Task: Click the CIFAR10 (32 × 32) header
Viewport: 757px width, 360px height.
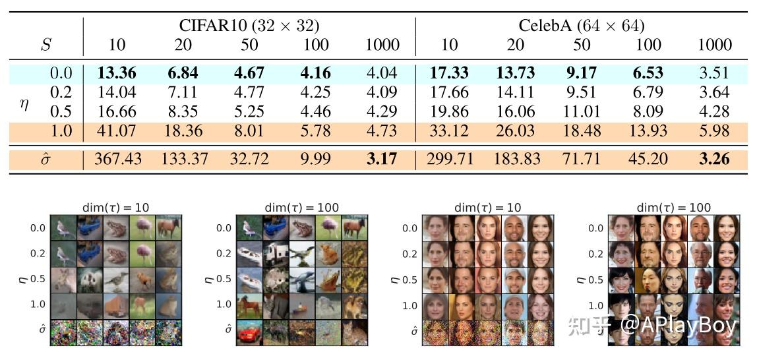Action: pyautogui.click(x=249, y=26)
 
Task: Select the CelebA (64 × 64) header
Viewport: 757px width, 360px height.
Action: pyautogui.click(x=581, y=26)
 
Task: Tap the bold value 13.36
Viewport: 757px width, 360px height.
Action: pyautogui.click(x=116, y=73)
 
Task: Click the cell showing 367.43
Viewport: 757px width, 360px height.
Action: pyautogui.click(x=116, y=159)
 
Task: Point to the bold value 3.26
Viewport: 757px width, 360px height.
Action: pyautogui.click(x=714, y=159)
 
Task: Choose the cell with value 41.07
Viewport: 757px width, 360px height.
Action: pyautogui.click(x=116, y=131)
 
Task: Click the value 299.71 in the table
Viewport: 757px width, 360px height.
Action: pyautogui.click(x=448, y=159)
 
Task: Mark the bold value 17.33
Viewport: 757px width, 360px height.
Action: pyautogui.click(x=448, y=73)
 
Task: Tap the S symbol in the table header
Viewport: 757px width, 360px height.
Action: pyautogui.click(x=45, y=45)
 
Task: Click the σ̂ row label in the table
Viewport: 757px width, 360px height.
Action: pyautogui.click(x=45, y=160)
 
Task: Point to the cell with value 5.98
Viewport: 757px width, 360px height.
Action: pyautogui.click(x=714, y=131)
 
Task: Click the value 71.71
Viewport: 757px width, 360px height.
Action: pyautogui.click(x=581, y=159)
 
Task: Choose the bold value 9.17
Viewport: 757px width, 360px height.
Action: pyautogui.click(x=581, y=73)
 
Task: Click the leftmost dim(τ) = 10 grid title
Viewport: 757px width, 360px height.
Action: pyautogui.click(x=115, y=207)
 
